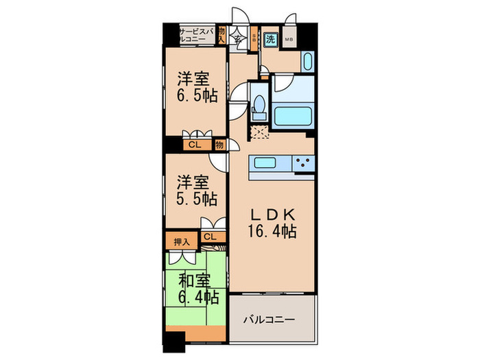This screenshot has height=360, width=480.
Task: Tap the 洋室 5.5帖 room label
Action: (x=197, y=191)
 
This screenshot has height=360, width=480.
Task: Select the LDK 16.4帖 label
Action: (x=272, y=221)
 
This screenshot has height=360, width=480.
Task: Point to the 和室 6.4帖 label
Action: (x=199, y=289)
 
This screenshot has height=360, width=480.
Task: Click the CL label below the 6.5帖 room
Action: (x=195, y=145)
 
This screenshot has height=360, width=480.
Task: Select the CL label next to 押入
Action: (x=210, y=237)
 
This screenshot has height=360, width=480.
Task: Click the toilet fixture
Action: (x=259, y=108)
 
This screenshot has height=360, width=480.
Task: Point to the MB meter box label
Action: (x=288, y=40)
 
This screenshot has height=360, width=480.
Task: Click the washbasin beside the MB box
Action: (x=307, y=62)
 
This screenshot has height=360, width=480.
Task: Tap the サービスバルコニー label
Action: (x=196, y=36)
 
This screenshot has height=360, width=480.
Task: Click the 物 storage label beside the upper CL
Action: (x=219, y=145)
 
